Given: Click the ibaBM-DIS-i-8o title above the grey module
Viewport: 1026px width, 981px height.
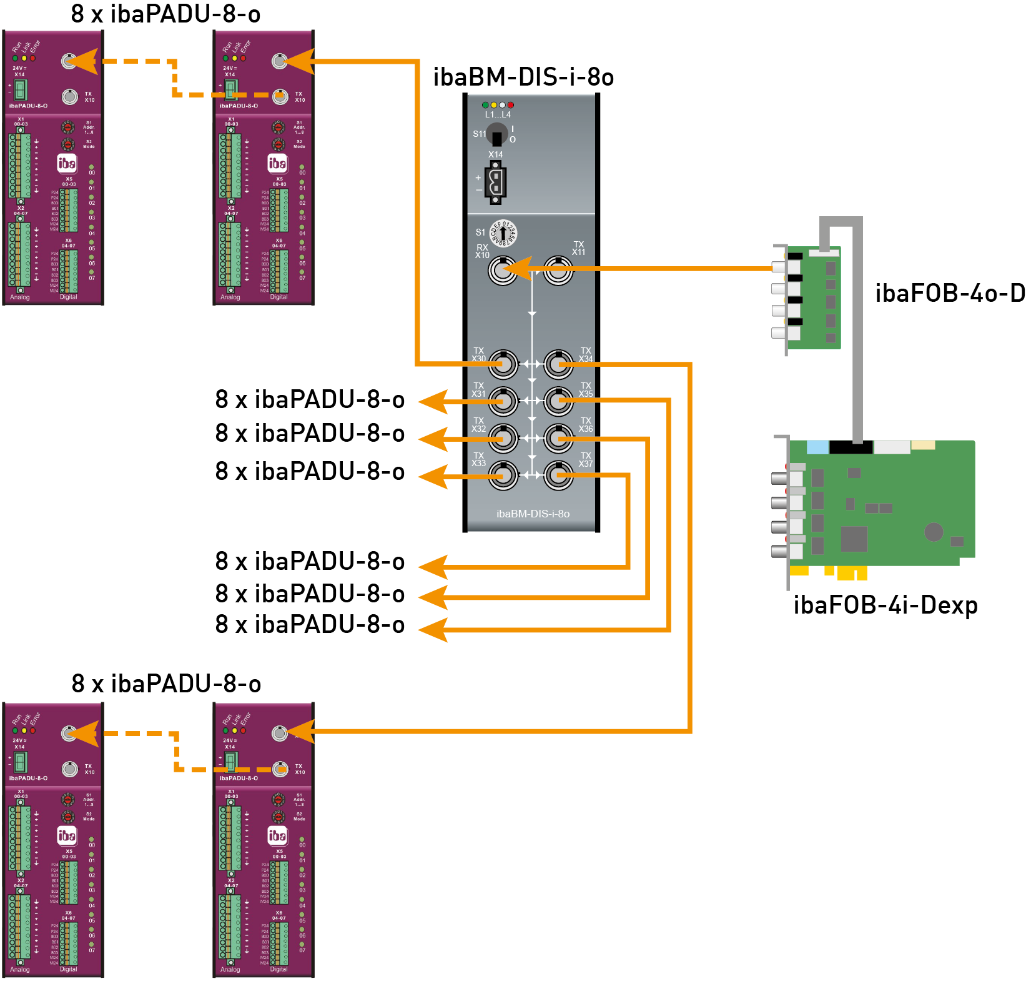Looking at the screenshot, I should coord(523,77).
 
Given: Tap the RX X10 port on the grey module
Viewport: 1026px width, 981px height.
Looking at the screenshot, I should coord(502,270).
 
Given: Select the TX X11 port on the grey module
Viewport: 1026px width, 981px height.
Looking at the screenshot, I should coord(558,270).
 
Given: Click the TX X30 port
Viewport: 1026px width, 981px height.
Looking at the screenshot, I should coord(503,364).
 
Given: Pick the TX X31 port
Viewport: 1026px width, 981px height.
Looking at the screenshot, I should coord(503,401).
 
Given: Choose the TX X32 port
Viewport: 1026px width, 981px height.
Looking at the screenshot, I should coord(503,438).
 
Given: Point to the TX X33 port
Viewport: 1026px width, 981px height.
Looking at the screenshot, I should coord(503,476).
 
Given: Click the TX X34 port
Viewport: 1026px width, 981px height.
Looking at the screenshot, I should coord(558,364).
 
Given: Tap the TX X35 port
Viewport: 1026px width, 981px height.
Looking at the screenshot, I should coord(558,401).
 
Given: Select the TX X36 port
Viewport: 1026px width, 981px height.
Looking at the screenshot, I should coord(558,438).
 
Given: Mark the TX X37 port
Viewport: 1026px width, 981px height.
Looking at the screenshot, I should coord(558,476).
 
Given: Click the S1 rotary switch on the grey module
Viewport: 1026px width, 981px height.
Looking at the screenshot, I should coord(503,233).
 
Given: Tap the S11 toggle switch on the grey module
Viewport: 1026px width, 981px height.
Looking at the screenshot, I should coord(497,135).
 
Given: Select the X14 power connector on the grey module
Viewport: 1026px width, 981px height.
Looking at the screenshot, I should coord(496,182).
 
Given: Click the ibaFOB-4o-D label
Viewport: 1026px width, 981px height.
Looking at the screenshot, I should coord(949,293).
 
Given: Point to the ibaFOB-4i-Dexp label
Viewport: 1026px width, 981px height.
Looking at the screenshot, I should coord(885,605).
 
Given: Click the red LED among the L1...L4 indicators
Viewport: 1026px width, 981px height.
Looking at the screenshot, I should coord(511,105).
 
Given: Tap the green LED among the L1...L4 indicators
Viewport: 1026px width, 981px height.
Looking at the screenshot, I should coord(485,105).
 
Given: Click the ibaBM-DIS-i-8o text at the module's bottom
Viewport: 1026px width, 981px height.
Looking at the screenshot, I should coord(533,514).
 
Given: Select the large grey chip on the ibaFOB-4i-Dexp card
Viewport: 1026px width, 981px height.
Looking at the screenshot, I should coord(854,539).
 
